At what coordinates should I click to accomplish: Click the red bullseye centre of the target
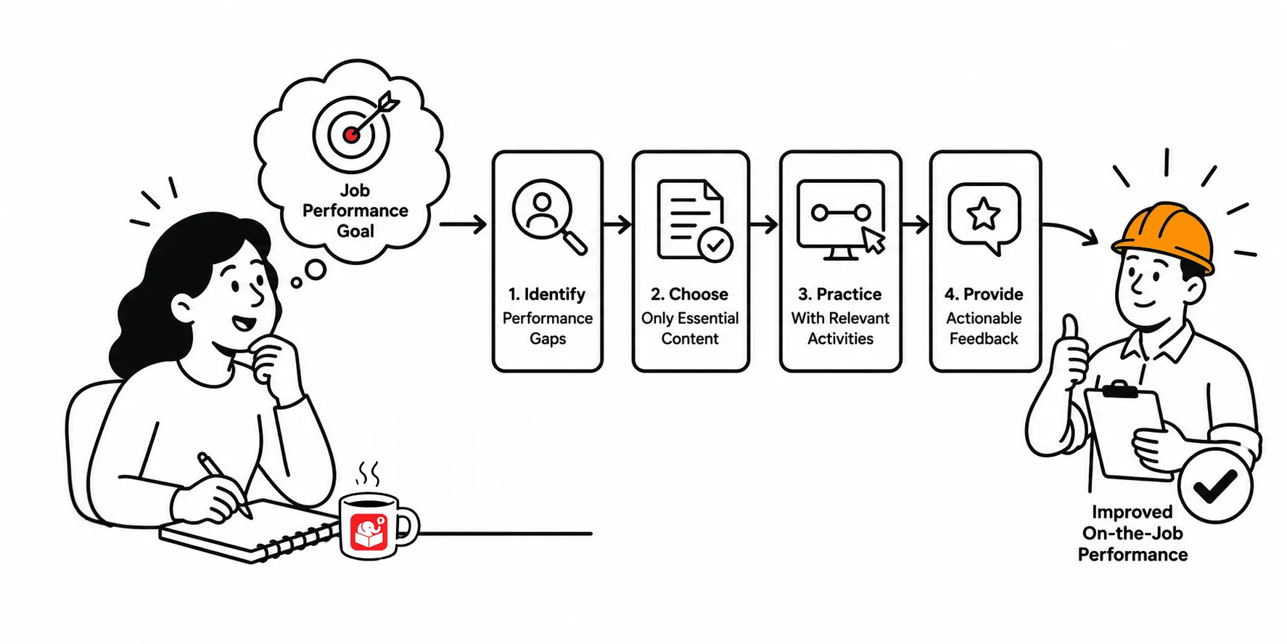[x=351, y=134]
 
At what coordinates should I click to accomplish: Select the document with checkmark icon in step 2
[x=694, y=219]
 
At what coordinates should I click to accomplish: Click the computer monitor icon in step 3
[x=842, y=220]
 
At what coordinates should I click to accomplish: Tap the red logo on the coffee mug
[x=369, y=532]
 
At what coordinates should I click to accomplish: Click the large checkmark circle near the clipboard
[x=1216, y=486]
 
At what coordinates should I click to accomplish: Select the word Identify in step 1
[x=554, y=294]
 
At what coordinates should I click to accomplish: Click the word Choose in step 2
[x=698, y=294]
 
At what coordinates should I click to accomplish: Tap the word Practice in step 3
[x=849, y=294]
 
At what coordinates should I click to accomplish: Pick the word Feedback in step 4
[x=984, y=338]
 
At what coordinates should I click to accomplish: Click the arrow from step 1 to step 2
[x=617, y=224]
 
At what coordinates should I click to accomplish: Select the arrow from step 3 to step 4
[x=916, y=224]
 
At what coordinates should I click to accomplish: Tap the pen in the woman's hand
[x=225, y=486]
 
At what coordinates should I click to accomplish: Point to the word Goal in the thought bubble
[x=355, y=231]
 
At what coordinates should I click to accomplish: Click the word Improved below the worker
[x=1132, y=513]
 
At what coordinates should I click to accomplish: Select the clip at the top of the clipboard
[x=1120, y=390]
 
